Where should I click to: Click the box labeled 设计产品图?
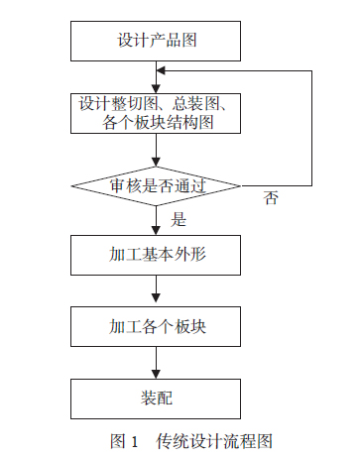click(x=156, y=42)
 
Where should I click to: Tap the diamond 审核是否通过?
click(x=156, y=185)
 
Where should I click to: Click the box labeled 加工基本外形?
click(x=156, y=255)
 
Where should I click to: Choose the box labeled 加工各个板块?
click(x=156, y=326)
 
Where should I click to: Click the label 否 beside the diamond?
click(x=272, y=197)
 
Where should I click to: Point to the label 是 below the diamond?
click(x=180, y=218)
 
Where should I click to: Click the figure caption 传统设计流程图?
click(x=213, y=440)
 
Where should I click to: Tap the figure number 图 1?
click(x=123, y=440)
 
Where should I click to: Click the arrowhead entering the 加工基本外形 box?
click(x=156, y=230)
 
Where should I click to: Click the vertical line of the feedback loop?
click(x=311, y=129)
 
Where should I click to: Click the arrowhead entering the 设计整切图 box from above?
click(x=156, y=87)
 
